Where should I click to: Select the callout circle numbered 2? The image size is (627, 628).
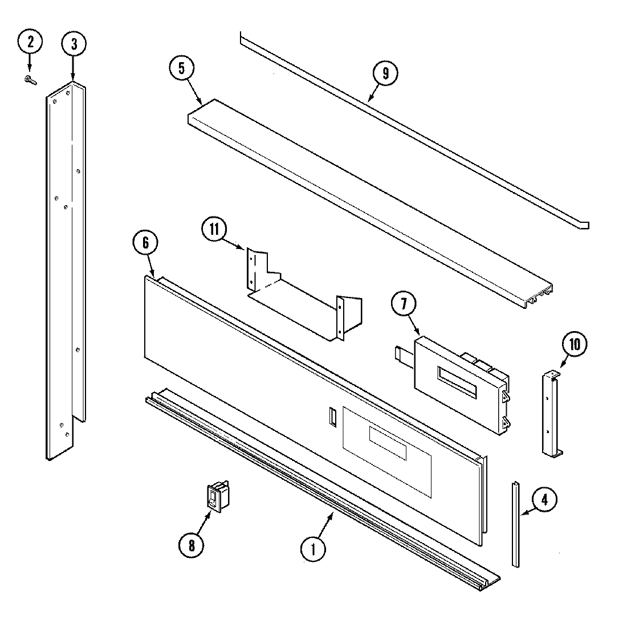coord(30,41)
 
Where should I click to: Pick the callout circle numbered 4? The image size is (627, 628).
coord(544,500)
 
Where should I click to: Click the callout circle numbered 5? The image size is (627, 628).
coord(182,68)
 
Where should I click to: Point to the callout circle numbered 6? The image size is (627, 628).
coord(145,242)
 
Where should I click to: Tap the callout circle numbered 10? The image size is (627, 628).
coord(574,344)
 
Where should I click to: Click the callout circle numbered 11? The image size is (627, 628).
coord(214,230)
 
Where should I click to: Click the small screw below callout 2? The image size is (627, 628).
coord(30,81)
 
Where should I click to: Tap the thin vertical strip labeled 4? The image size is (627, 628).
coord(515,524)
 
